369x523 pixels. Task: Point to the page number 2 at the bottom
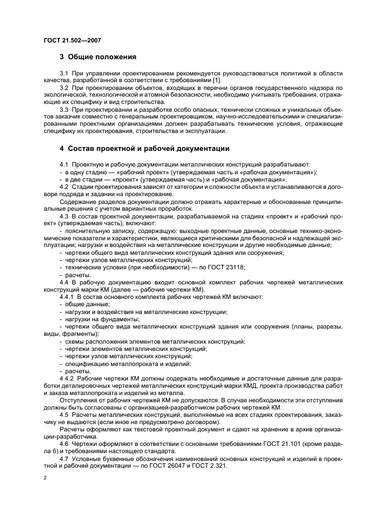click(x=45, y=478)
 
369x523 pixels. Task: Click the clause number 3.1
click(x=64, y=74)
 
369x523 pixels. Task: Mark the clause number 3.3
click(x=64, y=110)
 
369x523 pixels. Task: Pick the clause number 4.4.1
click(x=68, y=297)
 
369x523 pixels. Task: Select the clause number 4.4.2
click(x=68, y=378)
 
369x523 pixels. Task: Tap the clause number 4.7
click(x=64, y=458)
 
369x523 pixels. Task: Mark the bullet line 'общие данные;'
click(x=79, y=304)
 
